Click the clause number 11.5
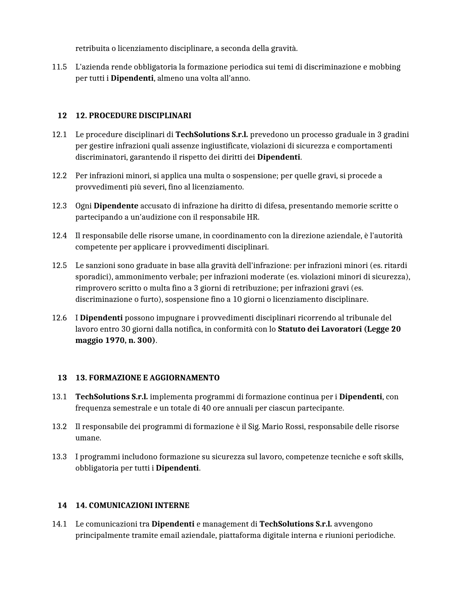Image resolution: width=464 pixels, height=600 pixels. (59, 67)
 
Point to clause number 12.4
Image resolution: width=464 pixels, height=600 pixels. (59, 236)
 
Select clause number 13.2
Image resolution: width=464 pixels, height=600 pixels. (59, 427)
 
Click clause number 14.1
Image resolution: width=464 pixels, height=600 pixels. (59, 524)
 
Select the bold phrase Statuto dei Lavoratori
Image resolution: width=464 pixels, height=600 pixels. (320, 329)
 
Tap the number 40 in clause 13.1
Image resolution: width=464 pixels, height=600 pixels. (206, 408)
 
